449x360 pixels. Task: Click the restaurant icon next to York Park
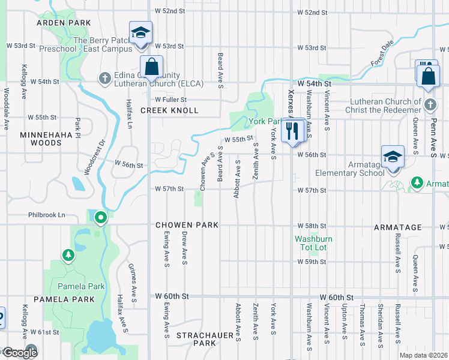(292, 131)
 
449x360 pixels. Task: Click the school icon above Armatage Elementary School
(393, 158)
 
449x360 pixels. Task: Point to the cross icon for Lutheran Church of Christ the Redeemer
(429, 105)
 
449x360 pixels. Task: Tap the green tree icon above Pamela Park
(69, 256)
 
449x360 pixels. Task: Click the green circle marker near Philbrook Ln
(101, 218)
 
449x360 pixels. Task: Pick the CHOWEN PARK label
(187, 225)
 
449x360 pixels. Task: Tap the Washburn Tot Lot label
(313, 243)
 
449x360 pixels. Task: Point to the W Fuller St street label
(171, 100)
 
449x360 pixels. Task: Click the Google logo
(19, 352)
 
